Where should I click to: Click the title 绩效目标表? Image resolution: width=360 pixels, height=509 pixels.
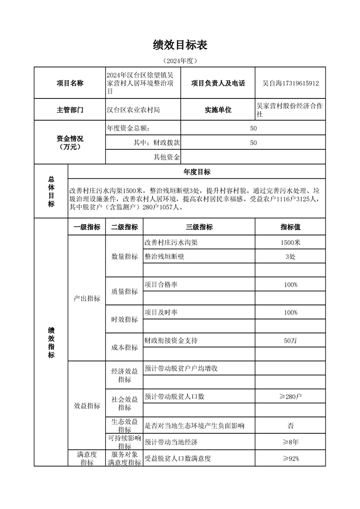pyautogui.click(x=180, y=45)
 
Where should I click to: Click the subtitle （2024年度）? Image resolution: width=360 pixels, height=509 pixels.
pyautogui.click(x=180, y=61)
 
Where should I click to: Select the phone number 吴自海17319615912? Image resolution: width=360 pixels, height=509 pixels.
pyautogui.click(x=291, y=83)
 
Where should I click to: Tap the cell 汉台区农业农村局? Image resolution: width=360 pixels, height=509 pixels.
pyautogui.click(x=133, y=110)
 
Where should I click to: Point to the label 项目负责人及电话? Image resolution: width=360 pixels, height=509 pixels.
pyautogui.click(x=218, y=83)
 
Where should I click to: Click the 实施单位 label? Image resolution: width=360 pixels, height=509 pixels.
pyautogui.click(x=218, y=110)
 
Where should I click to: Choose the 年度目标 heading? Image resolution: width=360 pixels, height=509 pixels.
pyautogui.click(x=197, y=172)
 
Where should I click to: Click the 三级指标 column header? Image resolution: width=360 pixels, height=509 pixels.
pyautogui.click(x=199, y=227)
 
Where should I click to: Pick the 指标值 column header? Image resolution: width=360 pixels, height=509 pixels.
pyautogui.click(x=290, y=227)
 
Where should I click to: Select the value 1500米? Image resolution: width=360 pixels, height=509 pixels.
pyautogui.click(x=290, y=242)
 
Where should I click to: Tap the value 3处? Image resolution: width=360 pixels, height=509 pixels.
pyautogui.click(x=290, y=256)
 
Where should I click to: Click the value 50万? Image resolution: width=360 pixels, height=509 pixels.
pyautogui.click(x=290, y=341)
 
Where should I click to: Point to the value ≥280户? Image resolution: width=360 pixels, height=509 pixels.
pyautogui.click(x=290, y=396)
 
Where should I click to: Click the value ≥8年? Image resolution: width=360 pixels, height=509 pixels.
pyautogui.click(x=290, y=442)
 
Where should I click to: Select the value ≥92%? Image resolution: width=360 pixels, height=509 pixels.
pyautogui.click(x=290, y=458)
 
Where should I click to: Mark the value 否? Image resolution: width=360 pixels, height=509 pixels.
pyautogui.click(x=290, y=426)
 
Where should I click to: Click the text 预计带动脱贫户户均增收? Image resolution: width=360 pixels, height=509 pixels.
pyautogui.click(x=181, y=368)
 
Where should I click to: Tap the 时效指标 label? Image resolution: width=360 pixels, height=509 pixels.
pyautogui.click(x=124, y=319)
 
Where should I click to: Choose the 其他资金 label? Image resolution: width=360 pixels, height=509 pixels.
pyautogui.click(x=167, y=157)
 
